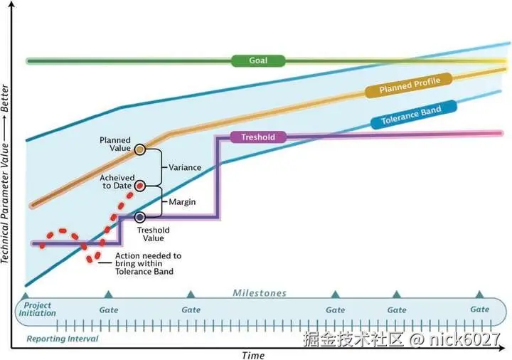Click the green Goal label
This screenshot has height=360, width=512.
(x=258, y=61)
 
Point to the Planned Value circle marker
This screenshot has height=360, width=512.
(x=140, y=149)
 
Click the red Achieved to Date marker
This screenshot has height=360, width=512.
(x=140, y=186)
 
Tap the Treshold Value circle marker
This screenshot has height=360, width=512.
(x=140, y=217)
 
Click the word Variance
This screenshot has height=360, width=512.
(x=185, y=167)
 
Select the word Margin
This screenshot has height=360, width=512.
(x=182, y=202)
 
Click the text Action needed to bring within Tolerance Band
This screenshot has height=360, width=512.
(x=148, y=263)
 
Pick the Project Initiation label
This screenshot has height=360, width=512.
(x=38, y=309)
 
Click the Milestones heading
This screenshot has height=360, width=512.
(x=260, y=293)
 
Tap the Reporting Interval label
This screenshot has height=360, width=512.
(x=63, y=339)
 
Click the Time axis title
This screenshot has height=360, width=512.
(x=252, y=354)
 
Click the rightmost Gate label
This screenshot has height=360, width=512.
(x=480, y=309)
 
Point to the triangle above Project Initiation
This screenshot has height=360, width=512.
(x=25, y=294)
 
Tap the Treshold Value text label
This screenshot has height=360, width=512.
(x=154, y=235)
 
